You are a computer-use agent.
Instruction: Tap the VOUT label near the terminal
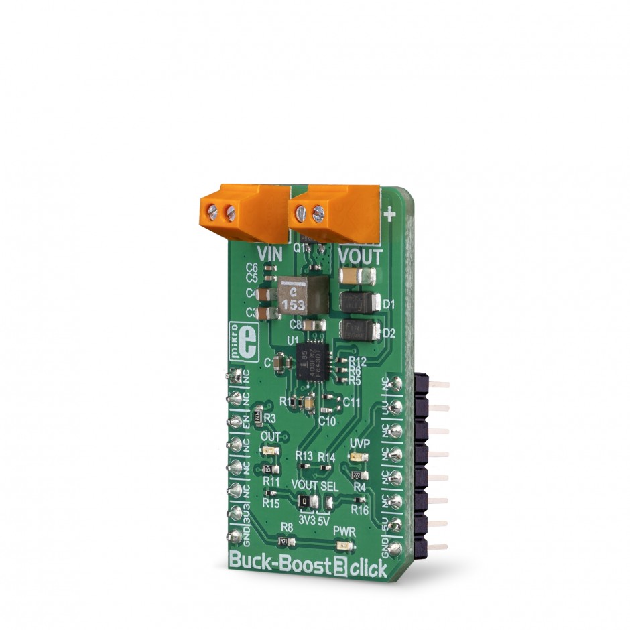click(359, 257)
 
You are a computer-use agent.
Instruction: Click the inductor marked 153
click(296, 296)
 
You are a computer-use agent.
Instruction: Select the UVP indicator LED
click(355, 458)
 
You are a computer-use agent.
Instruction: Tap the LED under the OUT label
click(270, 451)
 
